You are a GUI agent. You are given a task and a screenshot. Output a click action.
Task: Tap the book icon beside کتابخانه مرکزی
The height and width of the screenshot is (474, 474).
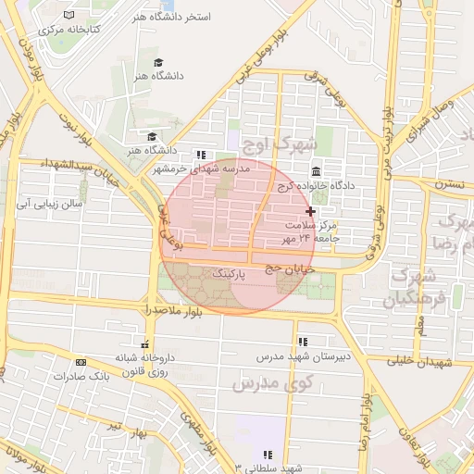[x=70, y=16]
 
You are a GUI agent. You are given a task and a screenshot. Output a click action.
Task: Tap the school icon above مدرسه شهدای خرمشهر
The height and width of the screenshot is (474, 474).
[x=201, y=156]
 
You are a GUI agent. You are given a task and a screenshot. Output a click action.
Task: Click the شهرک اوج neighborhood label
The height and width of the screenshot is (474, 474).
[x=279, y=144]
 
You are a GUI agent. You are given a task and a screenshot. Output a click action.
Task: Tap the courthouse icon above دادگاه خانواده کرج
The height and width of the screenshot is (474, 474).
[x=318, y=171]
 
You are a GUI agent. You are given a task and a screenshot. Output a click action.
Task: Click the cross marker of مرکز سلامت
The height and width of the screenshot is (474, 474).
[x=310, y=212]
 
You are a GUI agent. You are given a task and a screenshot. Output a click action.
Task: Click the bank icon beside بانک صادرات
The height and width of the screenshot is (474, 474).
[x=81, y=362]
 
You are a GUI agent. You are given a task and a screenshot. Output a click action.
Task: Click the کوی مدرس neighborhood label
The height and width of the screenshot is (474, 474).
[x=277, y=381]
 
